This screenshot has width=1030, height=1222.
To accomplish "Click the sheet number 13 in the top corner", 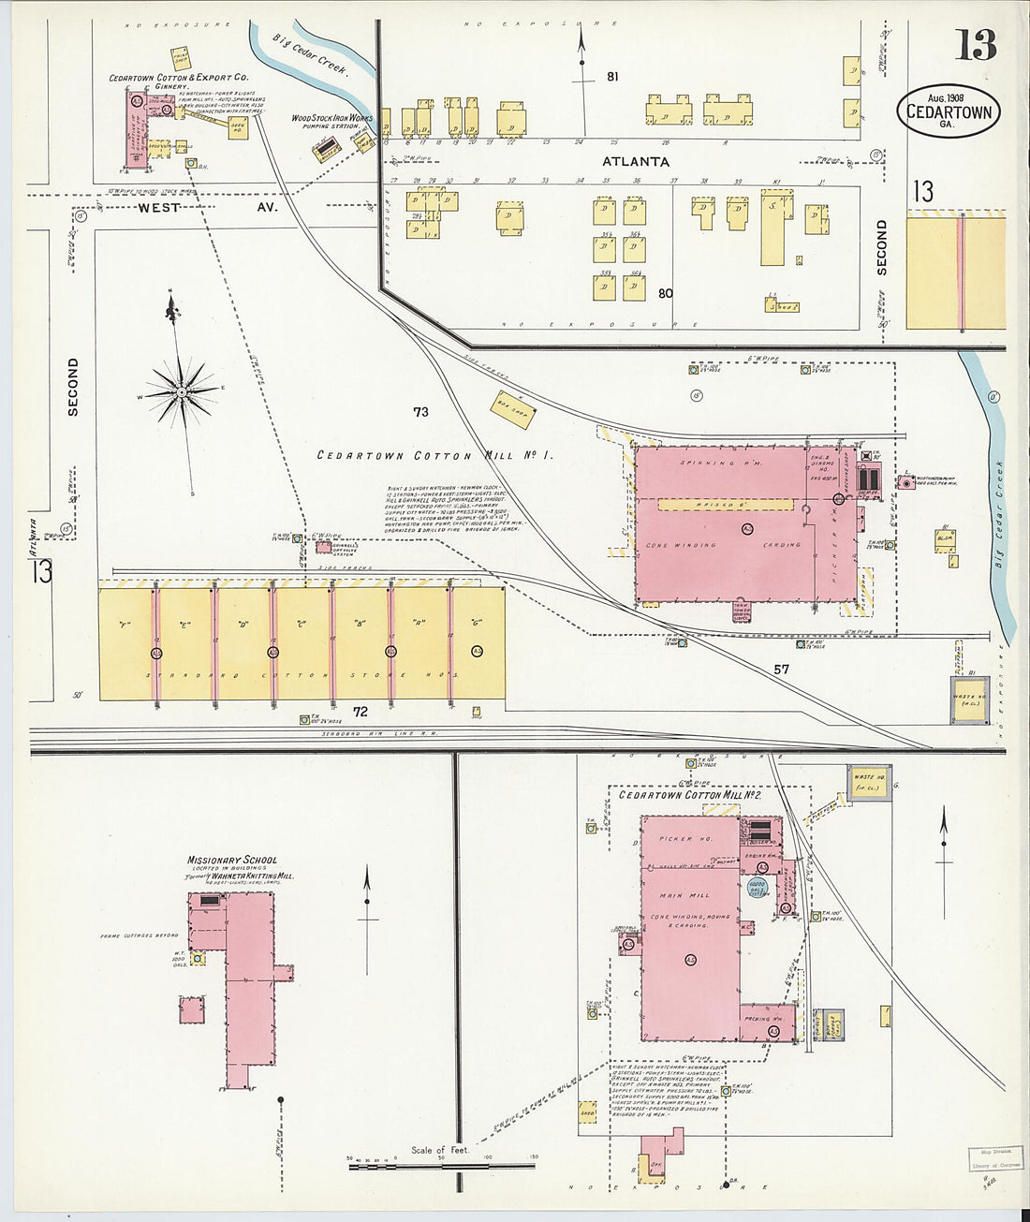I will point(976,44).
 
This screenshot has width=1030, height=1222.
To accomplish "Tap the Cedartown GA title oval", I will point(948,111).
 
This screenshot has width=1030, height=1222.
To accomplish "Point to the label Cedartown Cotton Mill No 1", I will point(434,456).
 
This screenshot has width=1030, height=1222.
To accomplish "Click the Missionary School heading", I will point(232,860).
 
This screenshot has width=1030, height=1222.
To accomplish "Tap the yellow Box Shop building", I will point(513,408).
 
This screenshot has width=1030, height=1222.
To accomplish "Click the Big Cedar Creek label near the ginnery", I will point(310,55).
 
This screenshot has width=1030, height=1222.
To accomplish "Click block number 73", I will point(420,412).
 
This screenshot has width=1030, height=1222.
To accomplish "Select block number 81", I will point(612,77).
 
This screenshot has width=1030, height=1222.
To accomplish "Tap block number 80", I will point(665,293).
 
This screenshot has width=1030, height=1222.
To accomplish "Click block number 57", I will point(781,669).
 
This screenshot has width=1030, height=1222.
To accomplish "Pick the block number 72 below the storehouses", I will point(360,712).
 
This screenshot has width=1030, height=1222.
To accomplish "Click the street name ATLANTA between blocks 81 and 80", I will point(636,162).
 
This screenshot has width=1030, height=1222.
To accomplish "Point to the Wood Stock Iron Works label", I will point(331,119).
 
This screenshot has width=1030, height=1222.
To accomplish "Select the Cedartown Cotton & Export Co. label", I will point(178,78).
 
